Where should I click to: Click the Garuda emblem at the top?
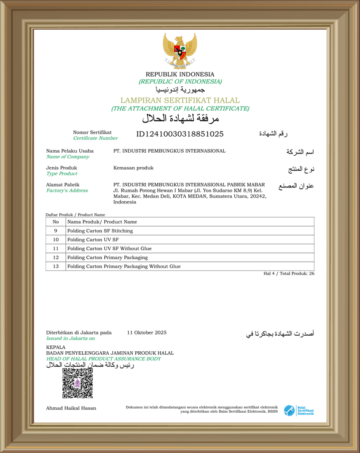pos(180,51)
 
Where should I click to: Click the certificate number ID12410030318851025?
pos(180,134)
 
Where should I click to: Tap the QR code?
pos(77,383)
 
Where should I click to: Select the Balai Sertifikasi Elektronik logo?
pos(299,411)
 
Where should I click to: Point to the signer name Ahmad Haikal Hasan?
pos(71,408)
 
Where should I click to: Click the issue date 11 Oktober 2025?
pos(146,333)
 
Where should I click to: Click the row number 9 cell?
pos(56,231)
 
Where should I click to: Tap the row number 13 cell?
pos(56,266)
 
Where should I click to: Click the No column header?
pos(56,222)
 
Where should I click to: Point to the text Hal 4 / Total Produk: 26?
pos(289,273)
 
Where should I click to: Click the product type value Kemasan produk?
pos(133,168)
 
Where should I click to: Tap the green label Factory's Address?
pos(67,191)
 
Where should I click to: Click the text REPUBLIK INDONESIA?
pos(180,74)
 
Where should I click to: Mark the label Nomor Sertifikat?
pos(92,132)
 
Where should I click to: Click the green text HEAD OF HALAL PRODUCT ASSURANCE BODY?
pos(103,359)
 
